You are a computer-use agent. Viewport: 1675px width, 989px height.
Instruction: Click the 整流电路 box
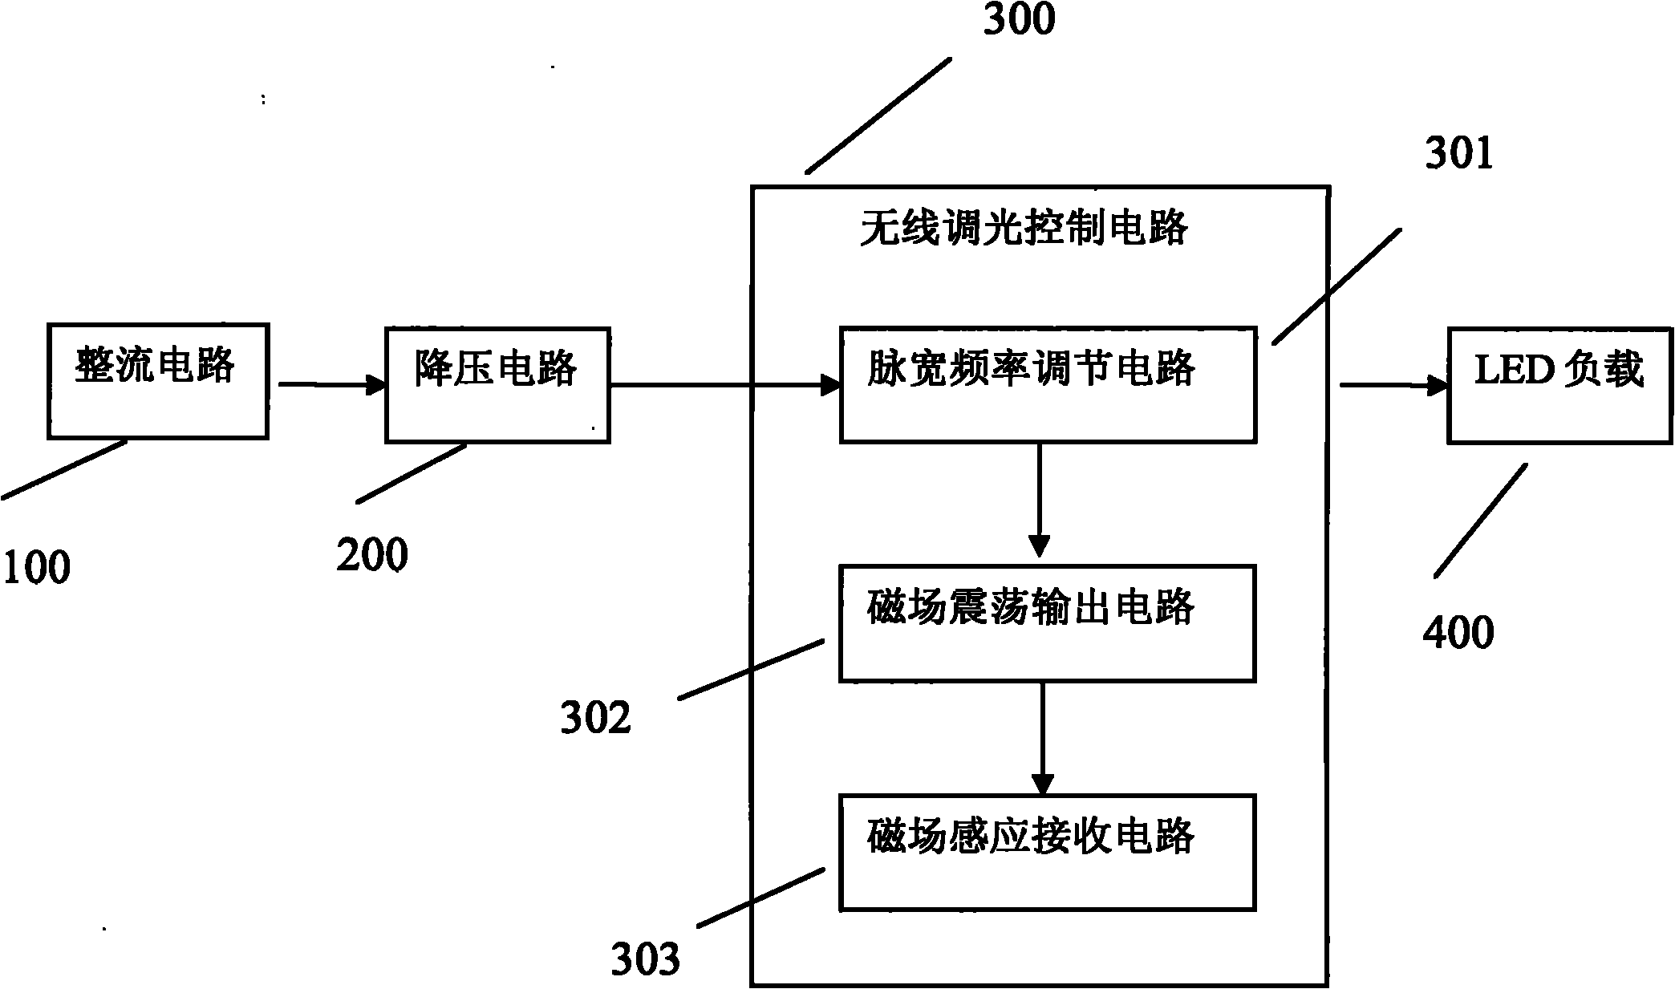[157, 381]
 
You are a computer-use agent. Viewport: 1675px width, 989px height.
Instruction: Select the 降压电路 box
[497, 385]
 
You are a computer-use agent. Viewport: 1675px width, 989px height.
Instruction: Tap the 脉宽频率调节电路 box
[1048, 384]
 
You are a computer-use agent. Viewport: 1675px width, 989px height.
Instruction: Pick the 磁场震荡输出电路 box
[1047, 623]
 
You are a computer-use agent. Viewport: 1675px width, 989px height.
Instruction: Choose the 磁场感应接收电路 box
[1047, 852]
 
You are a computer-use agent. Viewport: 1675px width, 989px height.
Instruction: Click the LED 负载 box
[1560, 384]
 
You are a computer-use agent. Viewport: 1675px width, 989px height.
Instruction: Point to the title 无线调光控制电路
[1024, 229]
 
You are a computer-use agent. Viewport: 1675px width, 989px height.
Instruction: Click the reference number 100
[37, 568]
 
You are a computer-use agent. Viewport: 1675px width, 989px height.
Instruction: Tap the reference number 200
[372, 554]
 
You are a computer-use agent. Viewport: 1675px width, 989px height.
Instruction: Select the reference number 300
[1019, 19]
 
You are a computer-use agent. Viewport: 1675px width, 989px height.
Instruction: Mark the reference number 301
[1459, 152]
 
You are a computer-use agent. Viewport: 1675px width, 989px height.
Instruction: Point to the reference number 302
[596, 717]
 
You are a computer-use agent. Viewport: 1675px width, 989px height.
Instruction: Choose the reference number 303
[645, 959]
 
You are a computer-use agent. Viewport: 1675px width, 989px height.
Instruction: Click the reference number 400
[1458, 632]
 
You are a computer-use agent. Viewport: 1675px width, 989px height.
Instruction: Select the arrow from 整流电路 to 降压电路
[332, 385]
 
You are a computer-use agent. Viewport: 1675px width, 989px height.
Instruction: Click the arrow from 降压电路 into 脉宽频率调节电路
[725, 385]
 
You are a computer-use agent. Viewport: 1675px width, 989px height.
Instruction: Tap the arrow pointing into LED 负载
[1393, 385]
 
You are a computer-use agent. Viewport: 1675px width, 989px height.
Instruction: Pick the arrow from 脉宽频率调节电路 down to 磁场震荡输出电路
[1039, 500]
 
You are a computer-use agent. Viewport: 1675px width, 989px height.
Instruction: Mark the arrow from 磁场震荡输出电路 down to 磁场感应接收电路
[1041, 738]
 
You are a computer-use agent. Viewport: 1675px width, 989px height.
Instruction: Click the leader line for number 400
[1480, 520]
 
